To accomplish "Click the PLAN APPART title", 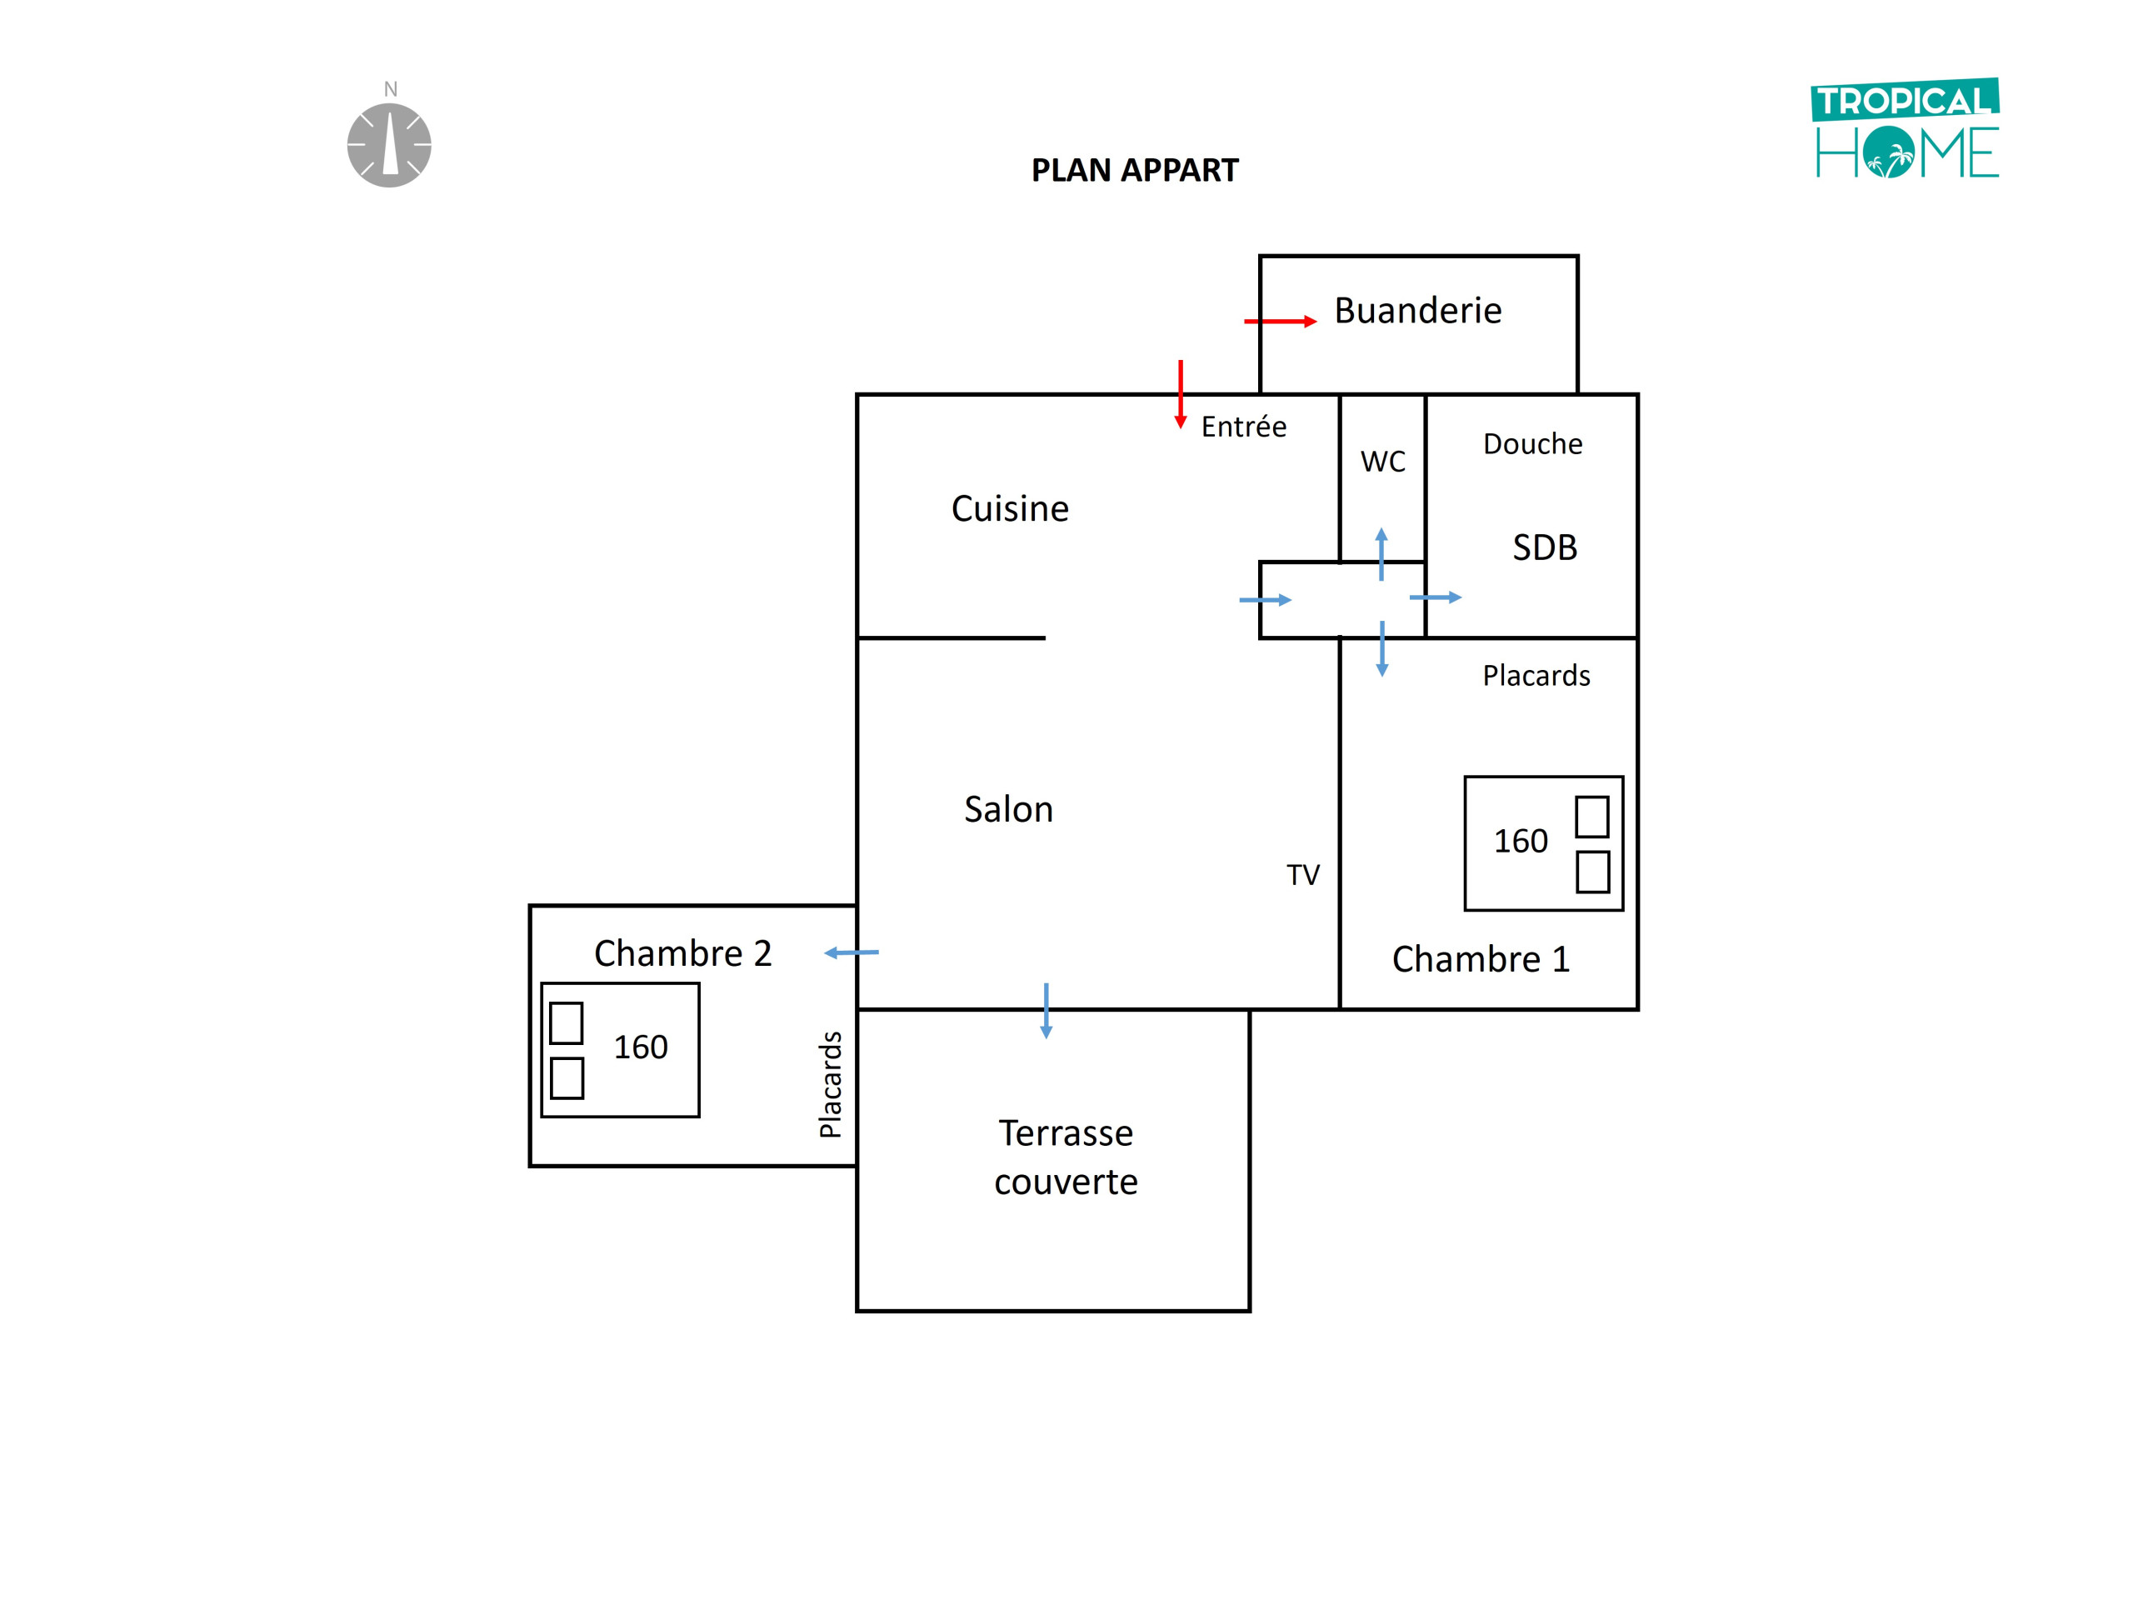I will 1134,171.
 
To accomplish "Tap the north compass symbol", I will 390,142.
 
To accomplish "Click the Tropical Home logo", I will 1905,129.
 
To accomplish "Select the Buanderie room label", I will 1417,311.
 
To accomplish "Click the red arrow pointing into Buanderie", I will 1280,321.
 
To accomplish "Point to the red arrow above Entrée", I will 1181,393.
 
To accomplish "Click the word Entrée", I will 1243,427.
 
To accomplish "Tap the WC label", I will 1383,461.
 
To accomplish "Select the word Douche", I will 1532,443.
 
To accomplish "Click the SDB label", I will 1544,547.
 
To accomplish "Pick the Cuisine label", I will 1010,508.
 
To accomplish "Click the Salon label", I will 1009,809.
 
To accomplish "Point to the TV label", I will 1303,875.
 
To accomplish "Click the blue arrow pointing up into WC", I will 1381,553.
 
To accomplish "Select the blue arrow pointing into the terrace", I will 1047,1010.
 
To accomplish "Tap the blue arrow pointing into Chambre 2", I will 851,952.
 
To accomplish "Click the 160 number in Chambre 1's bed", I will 1520,841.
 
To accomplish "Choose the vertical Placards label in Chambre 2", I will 830,1084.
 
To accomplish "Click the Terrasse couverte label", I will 1066,1157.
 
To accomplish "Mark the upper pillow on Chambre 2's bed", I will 566,1023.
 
